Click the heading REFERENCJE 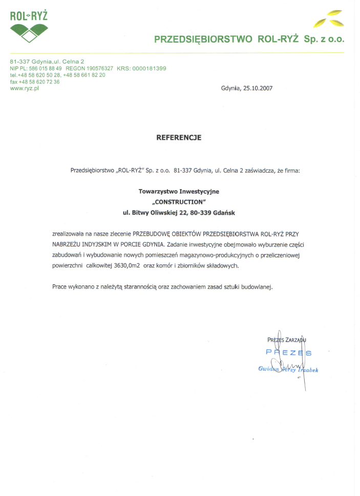coord(179,137)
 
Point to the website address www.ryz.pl coord(25,88)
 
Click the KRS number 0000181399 coord(149,68)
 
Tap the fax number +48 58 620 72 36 coord(39,81)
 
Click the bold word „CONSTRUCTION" coord(179,201)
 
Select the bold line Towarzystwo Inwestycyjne coord(179,191)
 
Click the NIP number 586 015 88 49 coord(46,68)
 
